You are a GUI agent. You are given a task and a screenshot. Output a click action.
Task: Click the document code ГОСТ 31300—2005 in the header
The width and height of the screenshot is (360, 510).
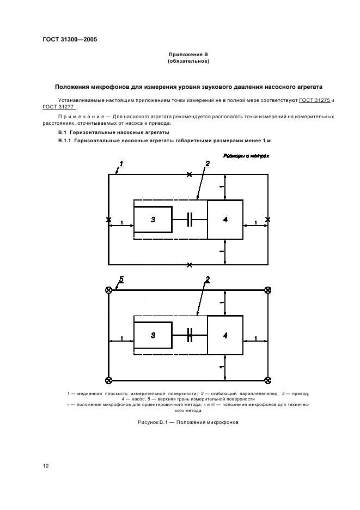[70, 40]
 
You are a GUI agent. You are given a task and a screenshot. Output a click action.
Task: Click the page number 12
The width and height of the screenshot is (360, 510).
[46, 466]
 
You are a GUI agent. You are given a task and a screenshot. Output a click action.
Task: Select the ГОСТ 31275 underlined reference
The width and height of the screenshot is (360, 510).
[314, 100]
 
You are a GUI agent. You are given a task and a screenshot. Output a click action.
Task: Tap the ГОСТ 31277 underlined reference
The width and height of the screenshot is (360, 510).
[58, 107]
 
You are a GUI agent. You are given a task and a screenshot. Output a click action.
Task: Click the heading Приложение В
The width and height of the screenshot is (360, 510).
[188, 54]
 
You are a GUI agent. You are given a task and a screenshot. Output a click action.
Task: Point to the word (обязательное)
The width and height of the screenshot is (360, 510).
[188, 61]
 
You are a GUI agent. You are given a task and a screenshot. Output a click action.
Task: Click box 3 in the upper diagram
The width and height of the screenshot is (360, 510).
[153, 220]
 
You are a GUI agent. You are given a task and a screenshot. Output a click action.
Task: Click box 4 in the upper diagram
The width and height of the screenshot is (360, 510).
[225, 220]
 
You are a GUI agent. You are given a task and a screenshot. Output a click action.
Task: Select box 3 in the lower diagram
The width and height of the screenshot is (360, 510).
[153, 335]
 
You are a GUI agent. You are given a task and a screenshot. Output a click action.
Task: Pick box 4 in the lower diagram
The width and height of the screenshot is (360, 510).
[225, 335]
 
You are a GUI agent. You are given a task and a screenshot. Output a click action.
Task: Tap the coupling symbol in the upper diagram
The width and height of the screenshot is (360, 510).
[190, 220]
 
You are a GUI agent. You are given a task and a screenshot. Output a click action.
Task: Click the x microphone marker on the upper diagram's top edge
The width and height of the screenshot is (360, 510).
[190, 175]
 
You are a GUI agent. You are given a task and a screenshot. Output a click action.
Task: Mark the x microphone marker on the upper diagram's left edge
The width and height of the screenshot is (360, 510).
[108, 220]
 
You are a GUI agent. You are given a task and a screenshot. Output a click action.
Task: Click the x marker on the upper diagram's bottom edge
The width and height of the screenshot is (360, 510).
[190, 265]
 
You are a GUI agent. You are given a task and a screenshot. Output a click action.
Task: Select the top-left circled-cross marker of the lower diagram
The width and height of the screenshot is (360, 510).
[108, 290]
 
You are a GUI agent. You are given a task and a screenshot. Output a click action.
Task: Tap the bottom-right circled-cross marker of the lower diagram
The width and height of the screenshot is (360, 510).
[267, 380]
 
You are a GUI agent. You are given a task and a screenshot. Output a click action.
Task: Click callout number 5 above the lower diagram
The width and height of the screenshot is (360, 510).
[121, 280]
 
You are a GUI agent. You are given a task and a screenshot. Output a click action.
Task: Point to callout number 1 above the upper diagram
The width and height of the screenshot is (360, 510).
[121, 164]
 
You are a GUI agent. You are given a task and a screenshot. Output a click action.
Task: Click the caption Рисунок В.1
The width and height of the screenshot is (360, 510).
[152, 422]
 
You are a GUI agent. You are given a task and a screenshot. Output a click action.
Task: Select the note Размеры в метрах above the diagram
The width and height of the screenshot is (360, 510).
[246, 156]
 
